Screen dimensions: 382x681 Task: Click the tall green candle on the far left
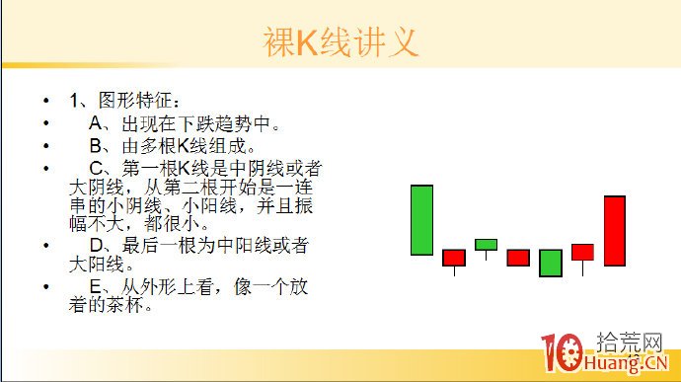[422, 220]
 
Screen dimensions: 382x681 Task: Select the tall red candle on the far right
[615, 231]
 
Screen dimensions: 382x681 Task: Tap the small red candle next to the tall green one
[454, 258]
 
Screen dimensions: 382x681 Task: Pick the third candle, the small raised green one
[486, 244]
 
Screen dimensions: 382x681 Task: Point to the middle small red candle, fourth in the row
[518, 258]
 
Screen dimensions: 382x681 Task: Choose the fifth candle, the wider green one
[551, 263]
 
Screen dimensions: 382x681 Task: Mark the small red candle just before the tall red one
[582, 252]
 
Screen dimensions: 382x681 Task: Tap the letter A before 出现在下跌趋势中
[96, 124]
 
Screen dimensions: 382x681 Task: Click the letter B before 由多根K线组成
[96, 146]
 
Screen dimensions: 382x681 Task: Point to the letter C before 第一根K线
[96, 168]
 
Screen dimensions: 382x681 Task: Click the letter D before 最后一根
[96, 245]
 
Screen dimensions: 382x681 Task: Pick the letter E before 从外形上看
[96, 287]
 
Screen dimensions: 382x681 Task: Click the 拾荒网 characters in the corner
[629, 343]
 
